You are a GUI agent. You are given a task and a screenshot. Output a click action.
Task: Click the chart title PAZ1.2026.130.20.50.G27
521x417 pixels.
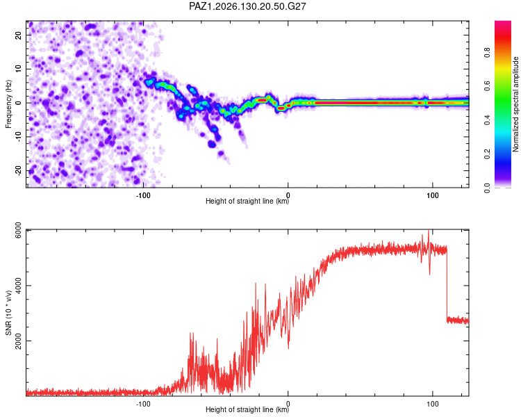pos(247,6)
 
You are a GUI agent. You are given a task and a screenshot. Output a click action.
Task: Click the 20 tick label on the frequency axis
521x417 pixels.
pos(18,35)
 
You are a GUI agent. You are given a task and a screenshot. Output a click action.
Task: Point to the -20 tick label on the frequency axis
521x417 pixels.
pos(18,170)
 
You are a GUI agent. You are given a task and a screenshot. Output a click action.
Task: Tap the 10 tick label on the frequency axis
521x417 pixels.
pos(18,69)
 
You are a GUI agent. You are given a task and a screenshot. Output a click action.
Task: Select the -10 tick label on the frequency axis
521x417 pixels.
pos(18,137)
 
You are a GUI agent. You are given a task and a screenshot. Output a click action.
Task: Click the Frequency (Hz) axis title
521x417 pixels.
pos(8,104)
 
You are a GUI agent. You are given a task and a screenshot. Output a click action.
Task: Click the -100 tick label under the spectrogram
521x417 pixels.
pos(143,195)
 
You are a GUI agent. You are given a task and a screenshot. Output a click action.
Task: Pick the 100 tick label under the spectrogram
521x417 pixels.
pos(433,195)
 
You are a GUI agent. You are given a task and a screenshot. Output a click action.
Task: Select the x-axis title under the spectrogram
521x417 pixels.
pos(247,201)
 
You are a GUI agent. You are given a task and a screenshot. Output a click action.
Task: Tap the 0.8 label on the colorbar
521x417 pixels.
pos(487,53)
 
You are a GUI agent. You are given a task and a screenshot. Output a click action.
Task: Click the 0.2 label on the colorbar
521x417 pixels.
pos(487,154)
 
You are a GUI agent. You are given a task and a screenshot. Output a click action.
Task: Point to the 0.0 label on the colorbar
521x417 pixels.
pos(487,188)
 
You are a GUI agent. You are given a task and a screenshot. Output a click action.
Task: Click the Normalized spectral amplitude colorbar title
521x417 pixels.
pos(515,104)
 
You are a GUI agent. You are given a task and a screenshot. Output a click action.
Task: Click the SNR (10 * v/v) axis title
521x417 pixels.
pos(8,313)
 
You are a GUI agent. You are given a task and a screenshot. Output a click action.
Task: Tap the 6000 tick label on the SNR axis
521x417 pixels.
pos(18,230)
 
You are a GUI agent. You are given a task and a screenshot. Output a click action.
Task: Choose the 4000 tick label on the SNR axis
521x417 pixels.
pos(18,286)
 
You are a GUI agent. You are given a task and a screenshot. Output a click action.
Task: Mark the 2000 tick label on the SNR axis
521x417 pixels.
pos(18,341)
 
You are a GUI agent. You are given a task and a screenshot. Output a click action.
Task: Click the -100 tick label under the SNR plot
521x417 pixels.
pos(143,404)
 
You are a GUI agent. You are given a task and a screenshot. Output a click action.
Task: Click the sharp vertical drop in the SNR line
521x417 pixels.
pos(447,283)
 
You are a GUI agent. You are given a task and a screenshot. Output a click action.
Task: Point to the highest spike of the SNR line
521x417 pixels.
pos(429,231)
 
